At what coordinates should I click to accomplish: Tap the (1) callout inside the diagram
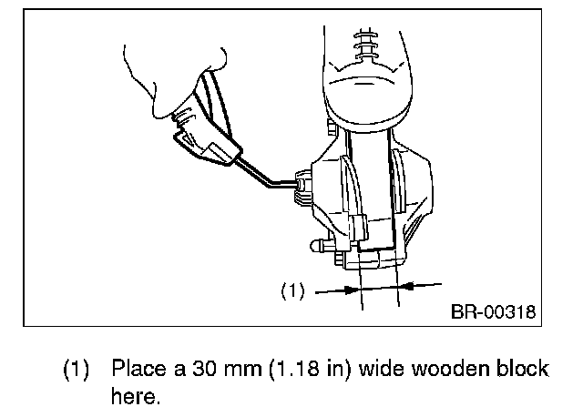click(x=291, y=292)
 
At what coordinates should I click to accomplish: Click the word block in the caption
click(x=524, y=371)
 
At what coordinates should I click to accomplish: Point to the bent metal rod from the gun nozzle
click(x=261, y=175)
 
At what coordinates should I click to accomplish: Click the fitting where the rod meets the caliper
click(x=300, y=188)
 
